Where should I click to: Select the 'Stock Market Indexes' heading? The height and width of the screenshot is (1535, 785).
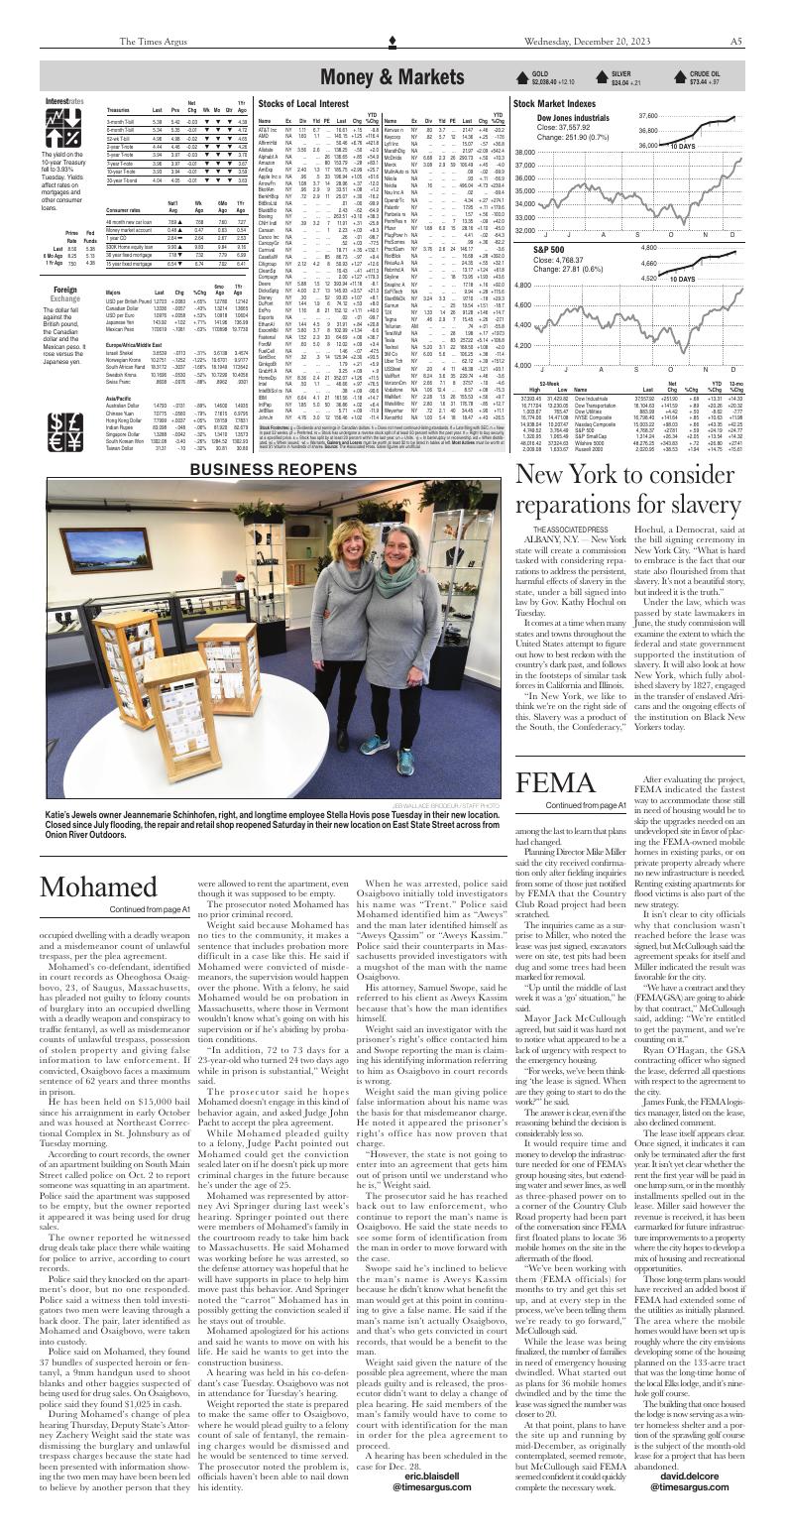[553, 102]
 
